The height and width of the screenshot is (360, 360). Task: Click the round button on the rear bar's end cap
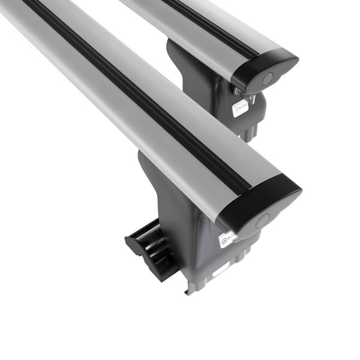coord(268,77)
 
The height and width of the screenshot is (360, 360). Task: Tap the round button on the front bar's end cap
coord(262,221)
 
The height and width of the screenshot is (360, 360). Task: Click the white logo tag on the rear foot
coord(239,109)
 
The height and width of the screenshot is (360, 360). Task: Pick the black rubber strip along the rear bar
coord(204,24)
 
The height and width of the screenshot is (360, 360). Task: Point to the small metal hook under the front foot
coord(188,289)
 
